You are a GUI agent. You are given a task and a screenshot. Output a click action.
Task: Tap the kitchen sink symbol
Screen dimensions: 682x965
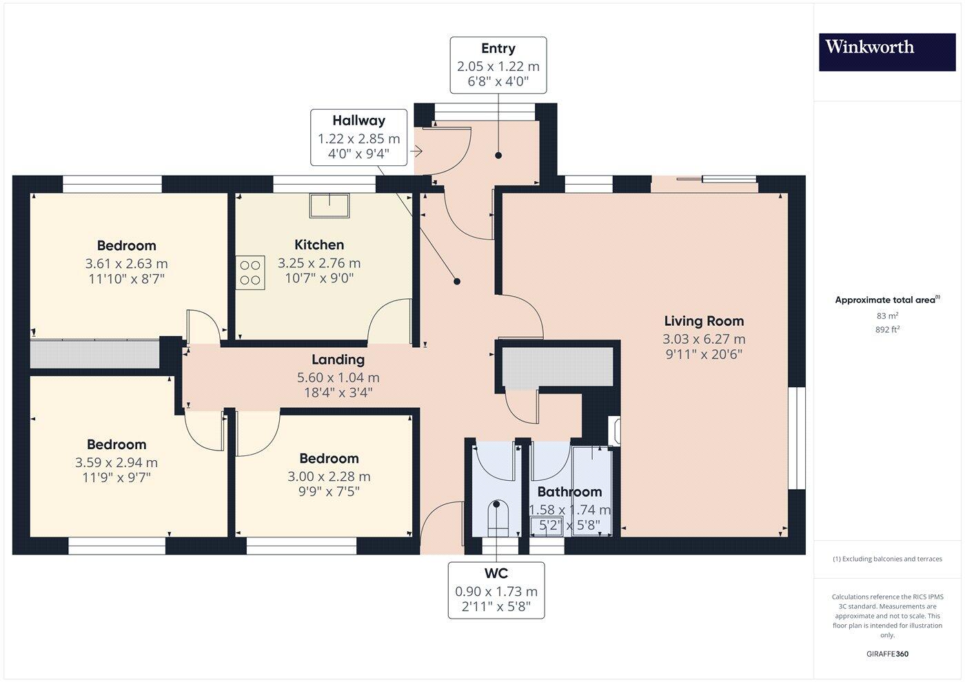pos(329,205)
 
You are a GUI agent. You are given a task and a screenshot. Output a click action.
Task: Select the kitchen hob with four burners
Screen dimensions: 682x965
pos(250,271)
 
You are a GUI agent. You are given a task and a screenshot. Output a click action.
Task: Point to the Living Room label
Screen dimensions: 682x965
pos(704,321)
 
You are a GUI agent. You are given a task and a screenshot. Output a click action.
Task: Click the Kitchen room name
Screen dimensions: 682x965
pos(319,245)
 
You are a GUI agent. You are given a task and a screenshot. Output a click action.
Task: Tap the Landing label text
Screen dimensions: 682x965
pos(338,360)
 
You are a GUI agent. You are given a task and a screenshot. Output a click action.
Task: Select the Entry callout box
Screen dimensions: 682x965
pos(498,65)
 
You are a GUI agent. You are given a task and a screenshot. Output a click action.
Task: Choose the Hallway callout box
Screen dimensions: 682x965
pos(358,137)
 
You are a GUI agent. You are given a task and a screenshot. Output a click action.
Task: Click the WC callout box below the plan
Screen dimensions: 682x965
pos(496,590)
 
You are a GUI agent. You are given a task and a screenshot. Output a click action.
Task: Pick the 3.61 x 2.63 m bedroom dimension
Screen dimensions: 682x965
pos(126,264)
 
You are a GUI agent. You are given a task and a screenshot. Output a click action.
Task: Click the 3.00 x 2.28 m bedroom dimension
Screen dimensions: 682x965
pos(329,477)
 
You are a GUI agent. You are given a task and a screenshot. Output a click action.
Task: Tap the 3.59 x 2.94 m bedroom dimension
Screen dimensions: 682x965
pos(116,463)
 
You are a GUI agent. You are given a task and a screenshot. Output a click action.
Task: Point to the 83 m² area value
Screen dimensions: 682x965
pos(887,316)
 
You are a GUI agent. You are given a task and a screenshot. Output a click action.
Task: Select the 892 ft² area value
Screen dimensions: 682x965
pos(887,330)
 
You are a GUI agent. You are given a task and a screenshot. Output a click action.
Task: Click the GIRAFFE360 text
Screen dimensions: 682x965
pos(887,654)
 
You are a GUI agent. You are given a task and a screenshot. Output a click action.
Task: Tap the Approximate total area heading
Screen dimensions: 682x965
pos(887,300)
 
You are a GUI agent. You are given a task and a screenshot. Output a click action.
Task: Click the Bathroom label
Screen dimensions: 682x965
pos(569,492)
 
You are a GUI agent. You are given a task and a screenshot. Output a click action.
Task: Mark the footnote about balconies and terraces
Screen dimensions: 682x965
pos(887,559)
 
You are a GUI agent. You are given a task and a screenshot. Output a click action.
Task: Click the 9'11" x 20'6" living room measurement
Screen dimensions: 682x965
pos(704,355)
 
